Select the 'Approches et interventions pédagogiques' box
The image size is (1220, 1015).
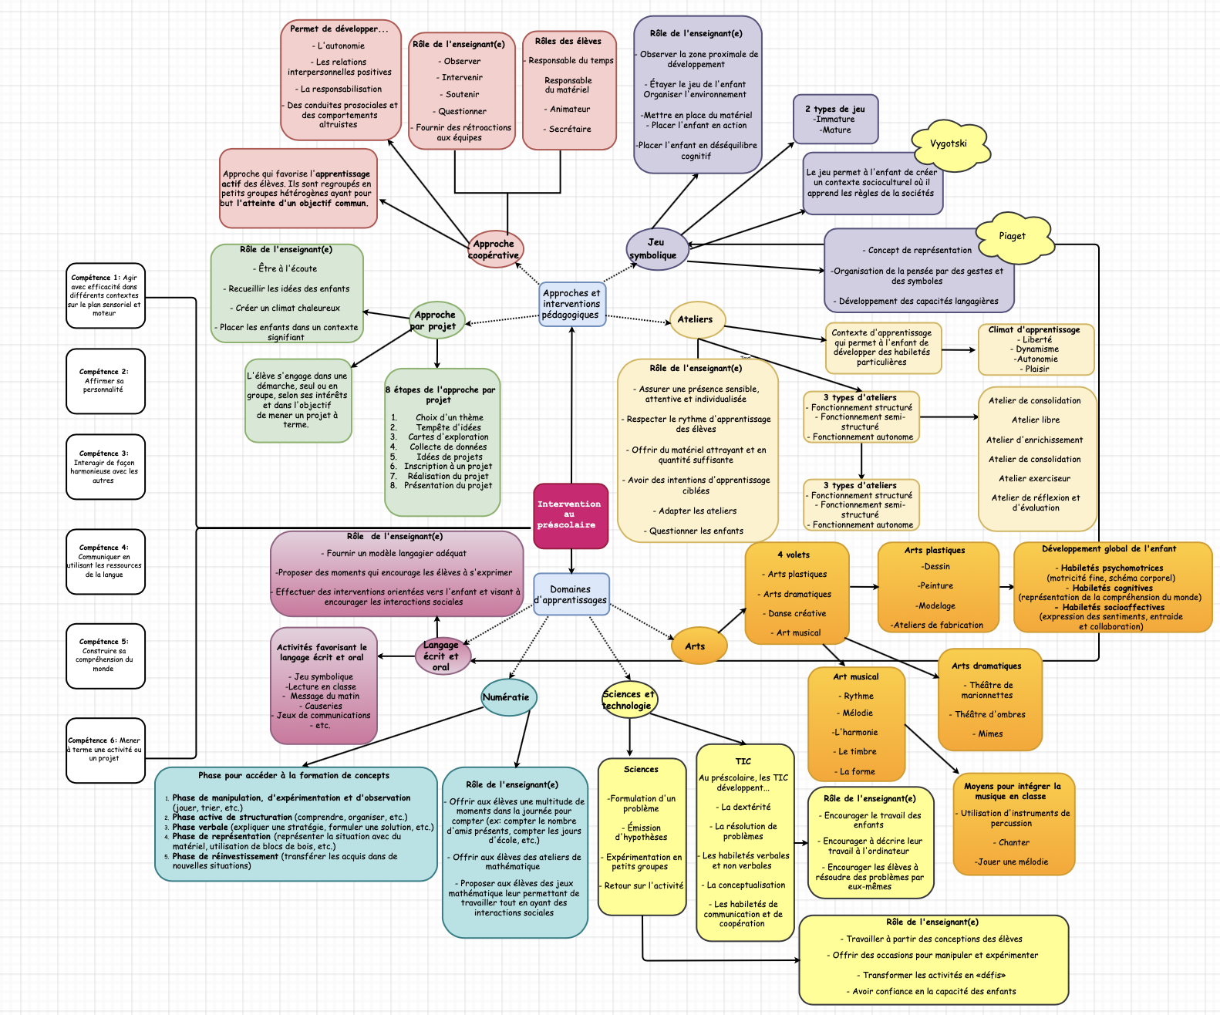571,304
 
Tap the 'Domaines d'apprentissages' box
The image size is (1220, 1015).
571,594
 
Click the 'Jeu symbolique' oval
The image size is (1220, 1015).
655,248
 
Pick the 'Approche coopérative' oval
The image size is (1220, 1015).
494,249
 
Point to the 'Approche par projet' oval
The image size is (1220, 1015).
436,320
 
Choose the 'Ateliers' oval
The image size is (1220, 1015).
696,319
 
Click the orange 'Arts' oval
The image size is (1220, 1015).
696,646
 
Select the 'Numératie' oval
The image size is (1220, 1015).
507,697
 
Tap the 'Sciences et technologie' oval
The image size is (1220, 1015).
629,700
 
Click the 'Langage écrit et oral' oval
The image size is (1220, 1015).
441,656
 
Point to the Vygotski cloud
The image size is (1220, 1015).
949,144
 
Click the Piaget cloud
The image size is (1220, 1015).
1013,236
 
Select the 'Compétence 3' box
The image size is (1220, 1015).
105,467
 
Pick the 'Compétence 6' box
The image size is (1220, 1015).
105,749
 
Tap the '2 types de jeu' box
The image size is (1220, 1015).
836,120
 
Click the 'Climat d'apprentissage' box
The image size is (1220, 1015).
1036,349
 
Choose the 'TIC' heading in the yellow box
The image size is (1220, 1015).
743,761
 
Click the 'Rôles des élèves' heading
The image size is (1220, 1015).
569,41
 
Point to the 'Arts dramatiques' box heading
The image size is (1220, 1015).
986,666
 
